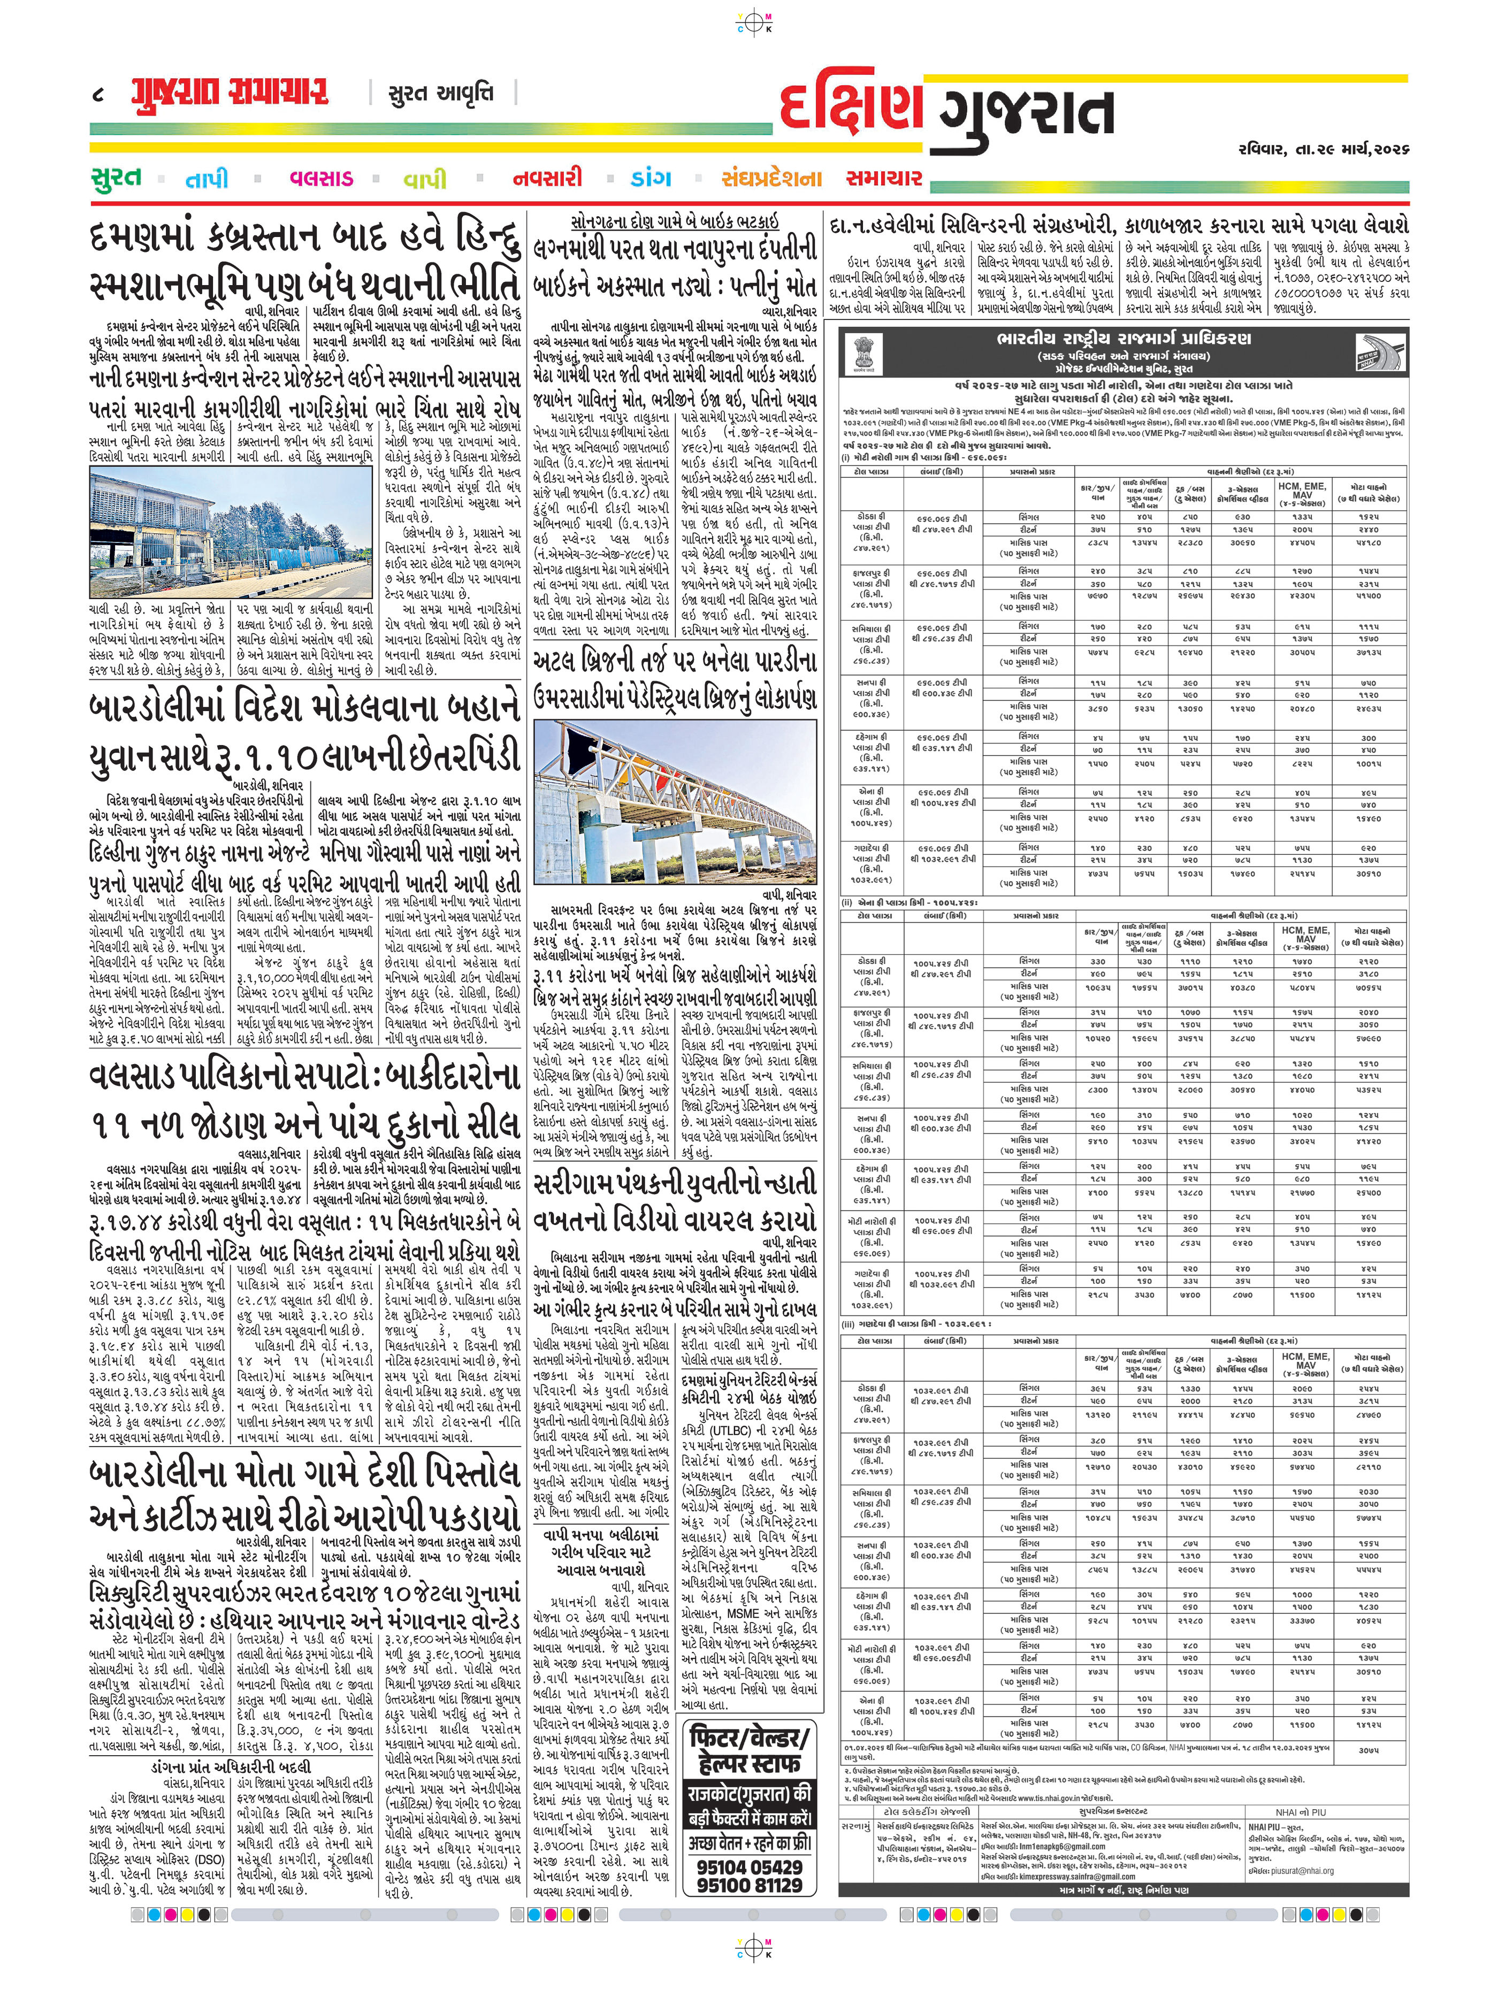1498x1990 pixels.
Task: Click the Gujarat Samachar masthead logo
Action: tap(230, 93)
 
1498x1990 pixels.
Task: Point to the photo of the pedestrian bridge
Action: tap(675, 801)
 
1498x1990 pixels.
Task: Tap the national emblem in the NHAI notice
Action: tap(863, 353)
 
